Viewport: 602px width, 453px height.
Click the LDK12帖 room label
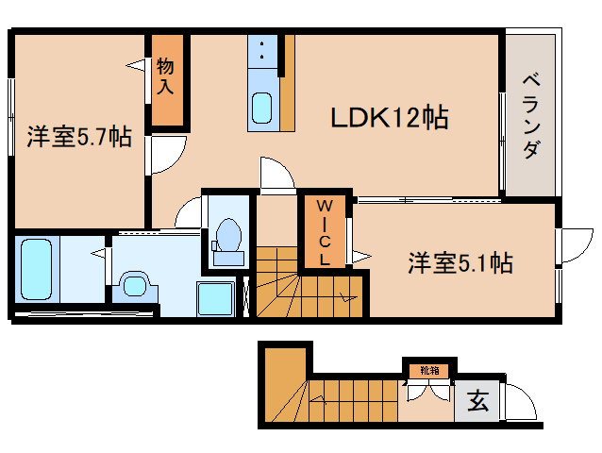388,118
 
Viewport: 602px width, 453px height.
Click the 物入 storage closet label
166,77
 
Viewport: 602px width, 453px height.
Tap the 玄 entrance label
478,402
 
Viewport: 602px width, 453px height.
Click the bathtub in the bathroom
35,269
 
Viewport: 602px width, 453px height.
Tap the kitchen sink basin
262,109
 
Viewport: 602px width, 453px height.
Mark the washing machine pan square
215,300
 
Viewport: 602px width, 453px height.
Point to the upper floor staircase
307,283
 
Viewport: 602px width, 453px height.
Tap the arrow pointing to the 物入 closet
138,65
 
